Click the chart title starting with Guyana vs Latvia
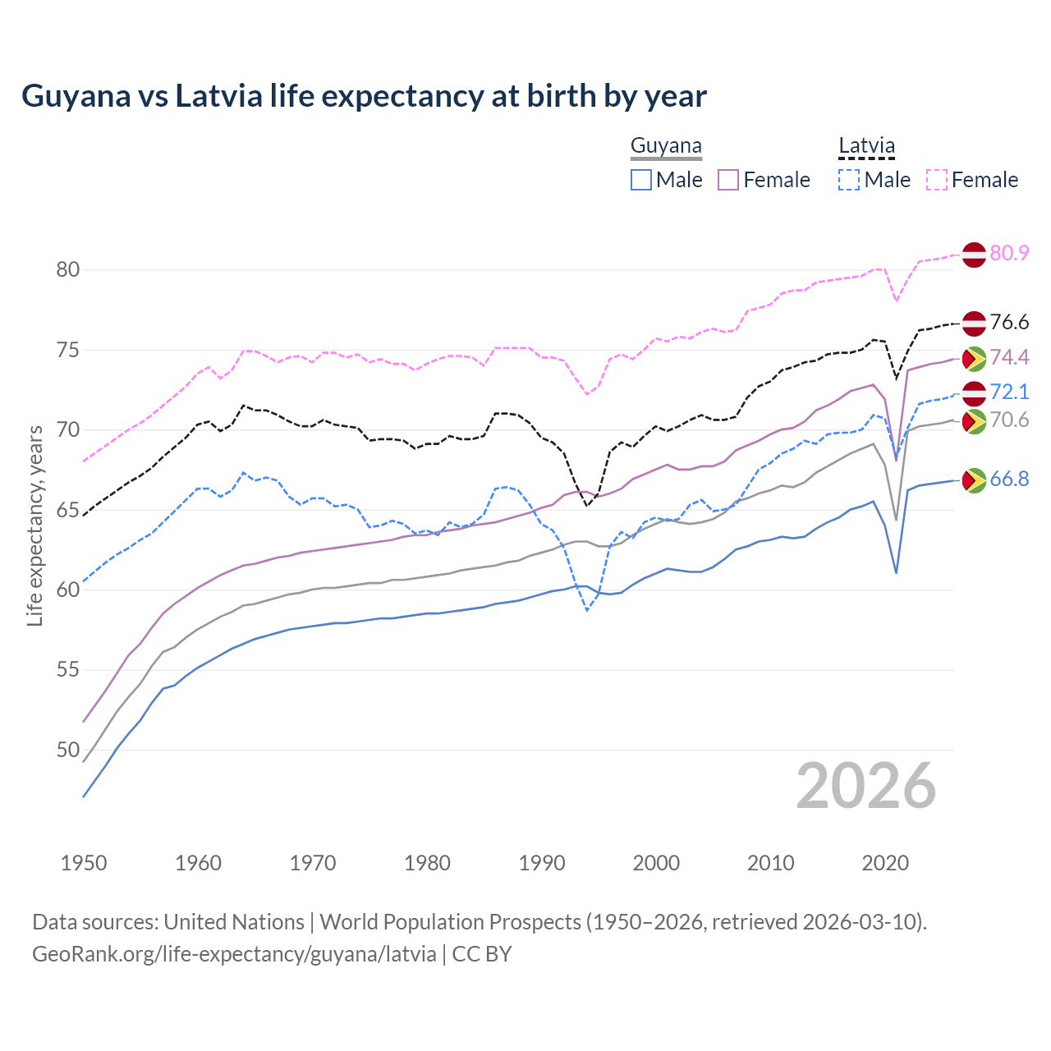(364, 96)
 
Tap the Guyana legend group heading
(666, 146)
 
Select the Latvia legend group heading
(866, 146)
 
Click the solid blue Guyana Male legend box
(641, 180)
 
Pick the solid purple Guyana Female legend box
(728, 180)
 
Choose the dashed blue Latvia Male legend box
(849, 180)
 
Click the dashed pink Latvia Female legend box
(937, 180)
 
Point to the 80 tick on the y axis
(68, 270)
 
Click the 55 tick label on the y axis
(68, 670)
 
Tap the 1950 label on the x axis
(84, 863)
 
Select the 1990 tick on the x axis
(542, 863)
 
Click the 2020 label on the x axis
(885, 863)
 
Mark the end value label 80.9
(1009, 254)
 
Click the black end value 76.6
(1009, 323)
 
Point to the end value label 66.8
(1009, 480)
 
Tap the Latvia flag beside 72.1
(974, 392)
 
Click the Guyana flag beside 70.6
(974, 421)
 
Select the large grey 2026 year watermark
(865, 787)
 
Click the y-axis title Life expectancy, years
(35, 525)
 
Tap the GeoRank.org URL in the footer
(234, 954)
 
